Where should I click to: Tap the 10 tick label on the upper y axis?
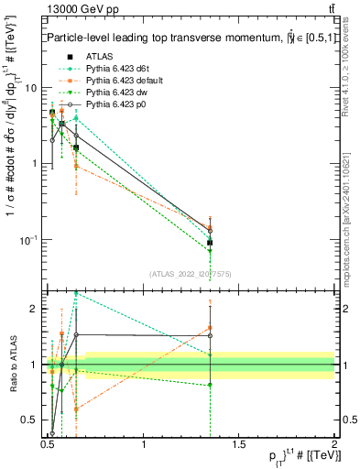(29, 88)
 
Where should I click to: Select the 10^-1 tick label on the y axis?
(27, 240)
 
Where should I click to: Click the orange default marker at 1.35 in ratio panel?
(211, 327)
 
